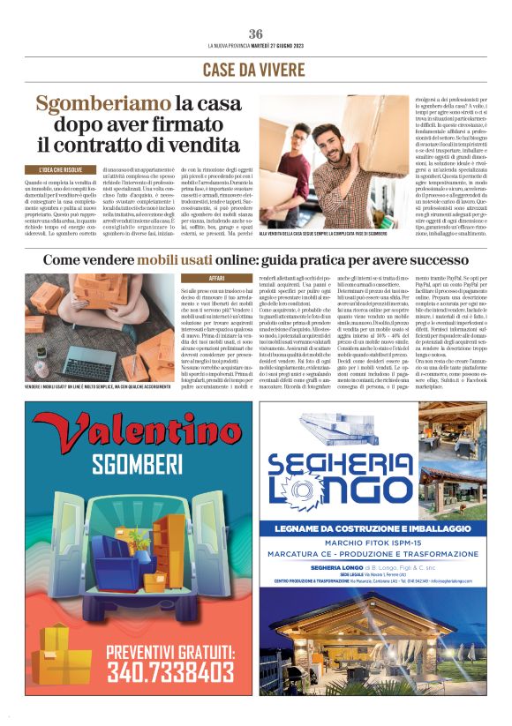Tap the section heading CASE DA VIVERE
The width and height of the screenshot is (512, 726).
(x=255, y=70)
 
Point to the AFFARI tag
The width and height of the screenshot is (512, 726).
(x=215, y=278)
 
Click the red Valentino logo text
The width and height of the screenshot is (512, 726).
(x=133, y=431)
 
